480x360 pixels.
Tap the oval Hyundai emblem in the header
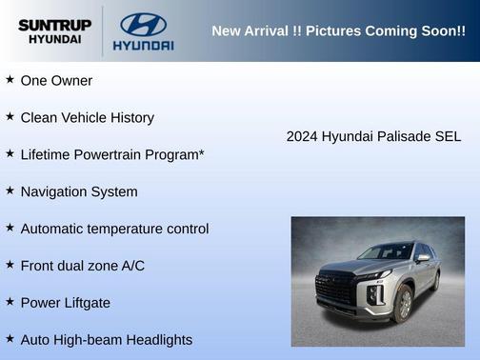pos(143,24)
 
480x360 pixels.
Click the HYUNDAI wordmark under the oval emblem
pos(143,45)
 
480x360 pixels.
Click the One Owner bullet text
pos(56,81)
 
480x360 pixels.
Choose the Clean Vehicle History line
pos(87,118)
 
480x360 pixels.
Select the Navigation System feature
pos(79,191)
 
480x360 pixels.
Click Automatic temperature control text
pos(114,229)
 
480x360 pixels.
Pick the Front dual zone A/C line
pos(83,266)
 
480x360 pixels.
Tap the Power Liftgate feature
pos(66,303)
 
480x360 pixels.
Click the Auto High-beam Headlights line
pos(107,340)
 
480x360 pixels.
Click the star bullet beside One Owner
pos(10,80)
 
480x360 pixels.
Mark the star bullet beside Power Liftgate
pos(10,302)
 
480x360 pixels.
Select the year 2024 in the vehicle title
pos(302,136)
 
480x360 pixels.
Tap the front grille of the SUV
pos(337,289)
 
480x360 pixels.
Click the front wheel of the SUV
pos(405,304)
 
